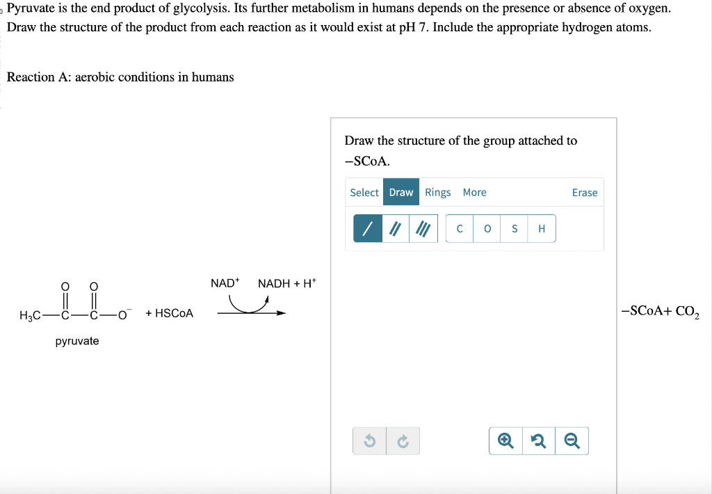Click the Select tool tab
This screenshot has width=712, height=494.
point(364,193)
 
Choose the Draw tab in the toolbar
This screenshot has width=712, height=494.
point(401,193)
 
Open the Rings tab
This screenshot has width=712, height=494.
point(437,193)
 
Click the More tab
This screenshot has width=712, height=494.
point(474,193)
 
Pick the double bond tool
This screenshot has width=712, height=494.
point(395,229)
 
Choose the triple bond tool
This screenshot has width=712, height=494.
point(423,229)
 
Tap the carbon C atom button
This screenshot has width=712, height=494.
point(460,229)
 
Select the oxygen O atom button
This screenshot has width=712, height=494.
point(487,229)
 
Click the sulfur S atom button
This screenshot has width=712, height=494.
point(515,229)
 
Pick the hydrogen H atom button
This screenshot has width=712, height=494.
point(542,229)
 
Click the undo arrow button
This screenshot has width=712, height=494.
point(369,441)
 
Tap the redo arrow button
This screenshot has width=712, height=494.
point(403,441)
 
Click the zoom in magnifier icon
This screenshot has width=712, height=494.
point(505,441)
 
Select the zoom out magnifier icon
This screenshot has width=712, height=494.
point(572,441)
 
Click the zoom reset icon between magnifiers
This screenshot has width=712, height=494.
point(539,441)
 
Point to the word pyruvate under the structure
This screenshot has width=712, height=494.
point(77,341)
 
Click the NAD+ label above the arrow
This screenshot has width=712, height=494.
point(225,283)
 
